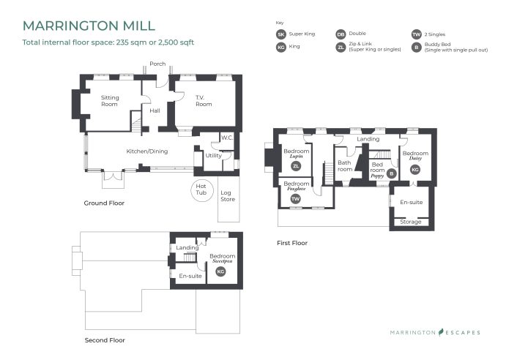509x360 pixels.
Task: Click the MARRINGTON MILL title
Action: (89, 26)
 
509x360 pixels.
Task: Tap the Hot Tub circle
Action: (201, 190)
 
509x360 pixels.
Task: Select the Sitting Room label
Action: (109, 101)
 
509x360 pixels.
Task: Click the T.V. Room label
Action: (203, 101)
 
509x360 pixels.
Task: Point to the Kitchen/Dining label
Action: (147, 151)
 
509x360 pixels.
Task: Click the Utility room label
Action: (213, 155)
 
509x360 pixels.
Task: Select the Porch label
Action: (157, 64)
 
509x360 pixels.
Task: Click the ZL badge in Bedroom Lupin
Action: (296, 165)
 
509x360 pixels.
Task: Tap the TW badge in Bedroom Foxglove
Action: (296, 198)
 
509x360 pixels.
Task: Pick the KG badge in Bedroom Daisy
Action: (415, 170)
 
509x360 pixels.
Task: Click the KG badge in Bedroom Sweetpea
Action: (220, 271)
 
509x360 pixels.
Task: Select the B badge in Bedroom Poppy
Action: (391, 173)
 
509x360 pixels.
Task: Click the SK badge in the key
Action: (280, 34)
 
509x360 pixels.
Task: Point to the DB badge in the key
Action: (341, 34)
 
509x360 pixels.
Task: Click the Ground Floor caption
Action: (104, 203)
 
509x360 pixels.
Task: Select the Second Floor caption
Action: (105, 340)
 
